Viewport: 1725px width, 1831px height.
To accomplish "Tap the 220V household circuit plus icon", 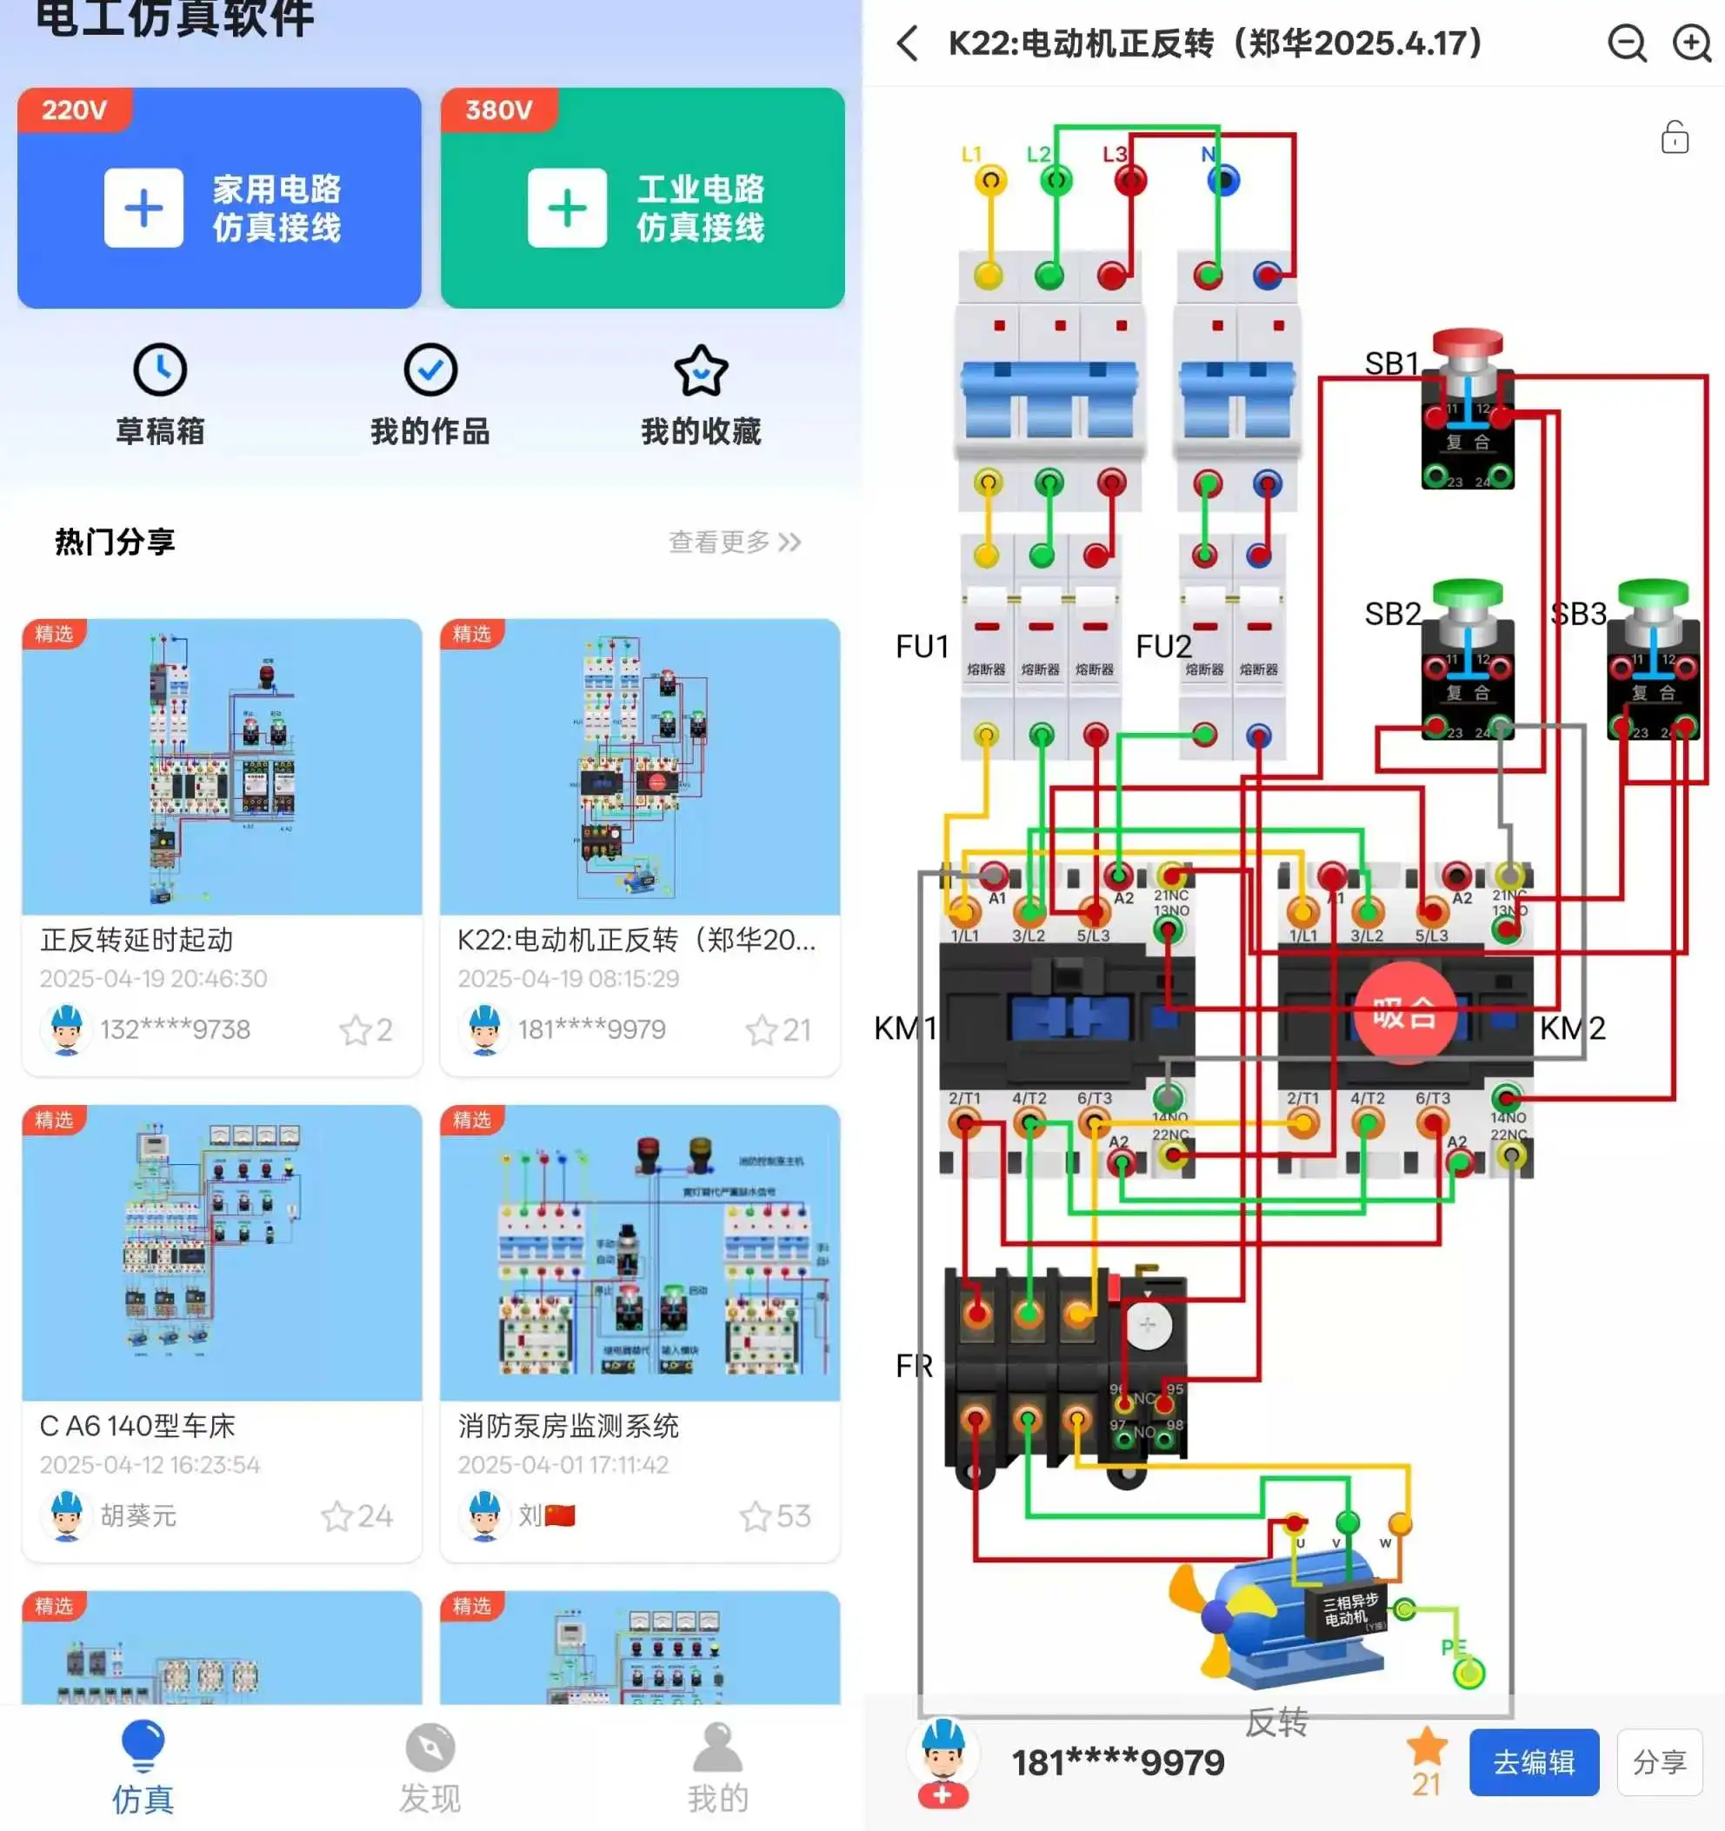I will pyautogui.click(x=143, y=208).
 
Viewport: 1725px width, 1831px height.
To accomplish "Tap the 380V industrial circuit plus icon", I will pyautogui.click(x=568, y=208).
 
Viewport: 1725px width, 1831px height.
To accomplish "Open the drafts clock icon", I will pyautogui.click(x=160, y=370).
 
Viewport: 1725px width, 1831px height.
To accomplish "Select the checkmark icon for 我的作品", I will pyautogui.click(x=430, y=370).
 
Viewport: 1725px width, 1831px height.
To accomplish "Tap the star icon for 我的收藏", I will pyautogui.click(x=701, y=370).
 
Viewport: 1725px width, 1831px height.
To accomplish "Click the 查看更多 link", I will pyautogui.click(x=734, y=542).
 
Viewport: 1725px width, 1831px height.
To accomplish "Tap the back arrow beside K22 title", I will pyautogui.click(x=908, y=43).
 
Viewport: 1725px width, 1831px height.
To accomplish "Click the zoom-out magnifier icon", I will pyautogui.click(x=1628, y=43).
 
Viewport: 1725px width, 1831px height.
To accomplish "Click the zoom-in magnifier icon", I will pyautogui.click(x=1692, y=43).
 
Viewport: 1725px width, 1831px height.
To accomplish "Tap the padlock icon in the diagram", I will pyautogui.click(x=1675, y=137).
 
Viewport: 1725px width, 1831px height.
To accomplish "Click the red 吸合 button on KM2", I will pyautogui.click(x=1404, y=1012).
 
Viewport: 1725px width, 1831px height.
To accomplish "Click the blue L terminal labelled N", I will pyautogui.click(x=1224, y=181).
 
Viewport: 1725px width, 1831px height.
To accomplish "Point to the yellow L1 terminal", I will pyautogui.click(x=990, y=180).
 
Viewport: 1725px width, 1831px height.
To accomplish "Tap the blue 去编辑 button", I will pyautogui.click(x=1534, y=1762).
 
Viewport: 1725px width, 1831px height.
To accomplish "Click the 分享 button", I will pyautogui.click(x=1659, y=1762).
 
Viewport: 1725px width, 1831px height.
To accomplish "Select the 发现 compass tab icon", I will pyautogui.click(x=430, y=1748).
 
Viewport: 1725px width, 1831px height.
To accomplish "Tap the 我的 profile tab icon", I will pyautogui.click(x=717, y=1748).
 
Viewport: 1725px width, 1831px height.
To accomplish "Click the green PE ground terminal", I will pyautogui.click(x=1468, y=1672).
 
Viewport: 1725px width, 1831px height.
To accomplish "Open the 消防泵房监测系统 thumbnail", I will pyautogui.click(x=640, y=1253).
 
